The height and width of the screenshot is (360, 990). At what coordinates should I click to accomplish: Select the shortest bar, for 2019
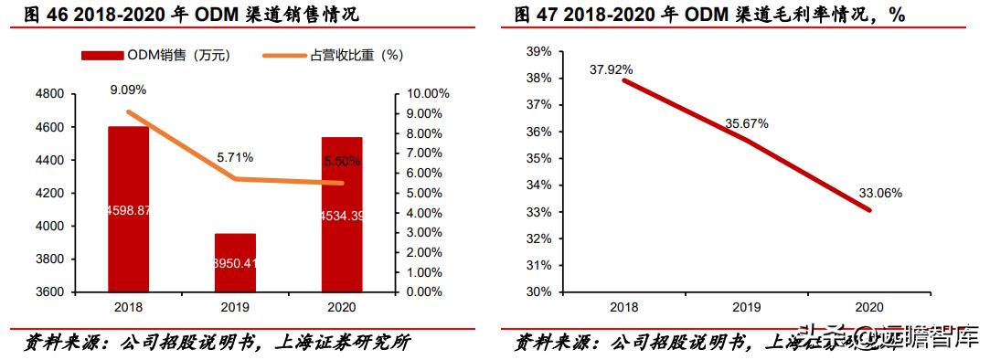click(x=235, y=262)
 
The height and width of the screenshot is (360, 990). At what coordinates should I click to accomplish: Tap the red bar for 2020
click(x=342, y=214)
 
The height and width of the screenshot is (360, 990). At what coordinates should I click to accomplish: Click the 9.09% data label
click(x=128, y=90)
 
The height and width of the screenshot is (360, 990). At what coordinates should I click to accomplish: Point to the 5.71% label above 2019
click(x=235, y=157)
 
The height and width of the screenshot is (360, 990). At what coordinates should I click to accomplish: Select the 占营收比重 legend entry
click(x=334, y=56)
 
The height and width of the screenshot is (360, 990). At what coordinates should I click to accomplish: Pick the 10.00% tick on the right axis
click(x=427, y=94)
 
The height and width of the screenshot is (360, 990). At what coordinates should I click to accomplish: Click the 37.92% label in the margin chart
click(x=612, y=69)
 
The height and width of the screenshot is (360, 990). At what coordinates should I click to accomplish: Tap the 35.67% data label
click(x=746, y=122)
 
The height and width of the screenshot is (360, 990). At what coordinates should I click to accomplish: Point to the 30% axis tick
click(x=540, y=292)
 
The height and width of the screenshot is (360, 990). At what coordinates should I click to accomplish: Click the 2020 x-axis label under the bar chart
click(x=342, y=308)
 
